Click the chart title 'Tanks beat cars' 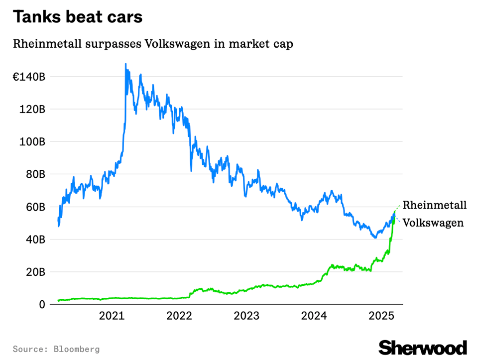point(78,17)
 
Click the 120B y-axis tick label point(33,109)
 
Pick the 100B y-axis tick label point(33,142)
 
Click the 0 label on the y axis point(43,304)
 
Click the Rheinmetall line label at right point(435,205)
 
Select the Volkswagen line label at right point(433,223)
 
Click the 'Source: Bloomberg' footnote point(56,349)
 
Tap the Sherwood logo point(423,348)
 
